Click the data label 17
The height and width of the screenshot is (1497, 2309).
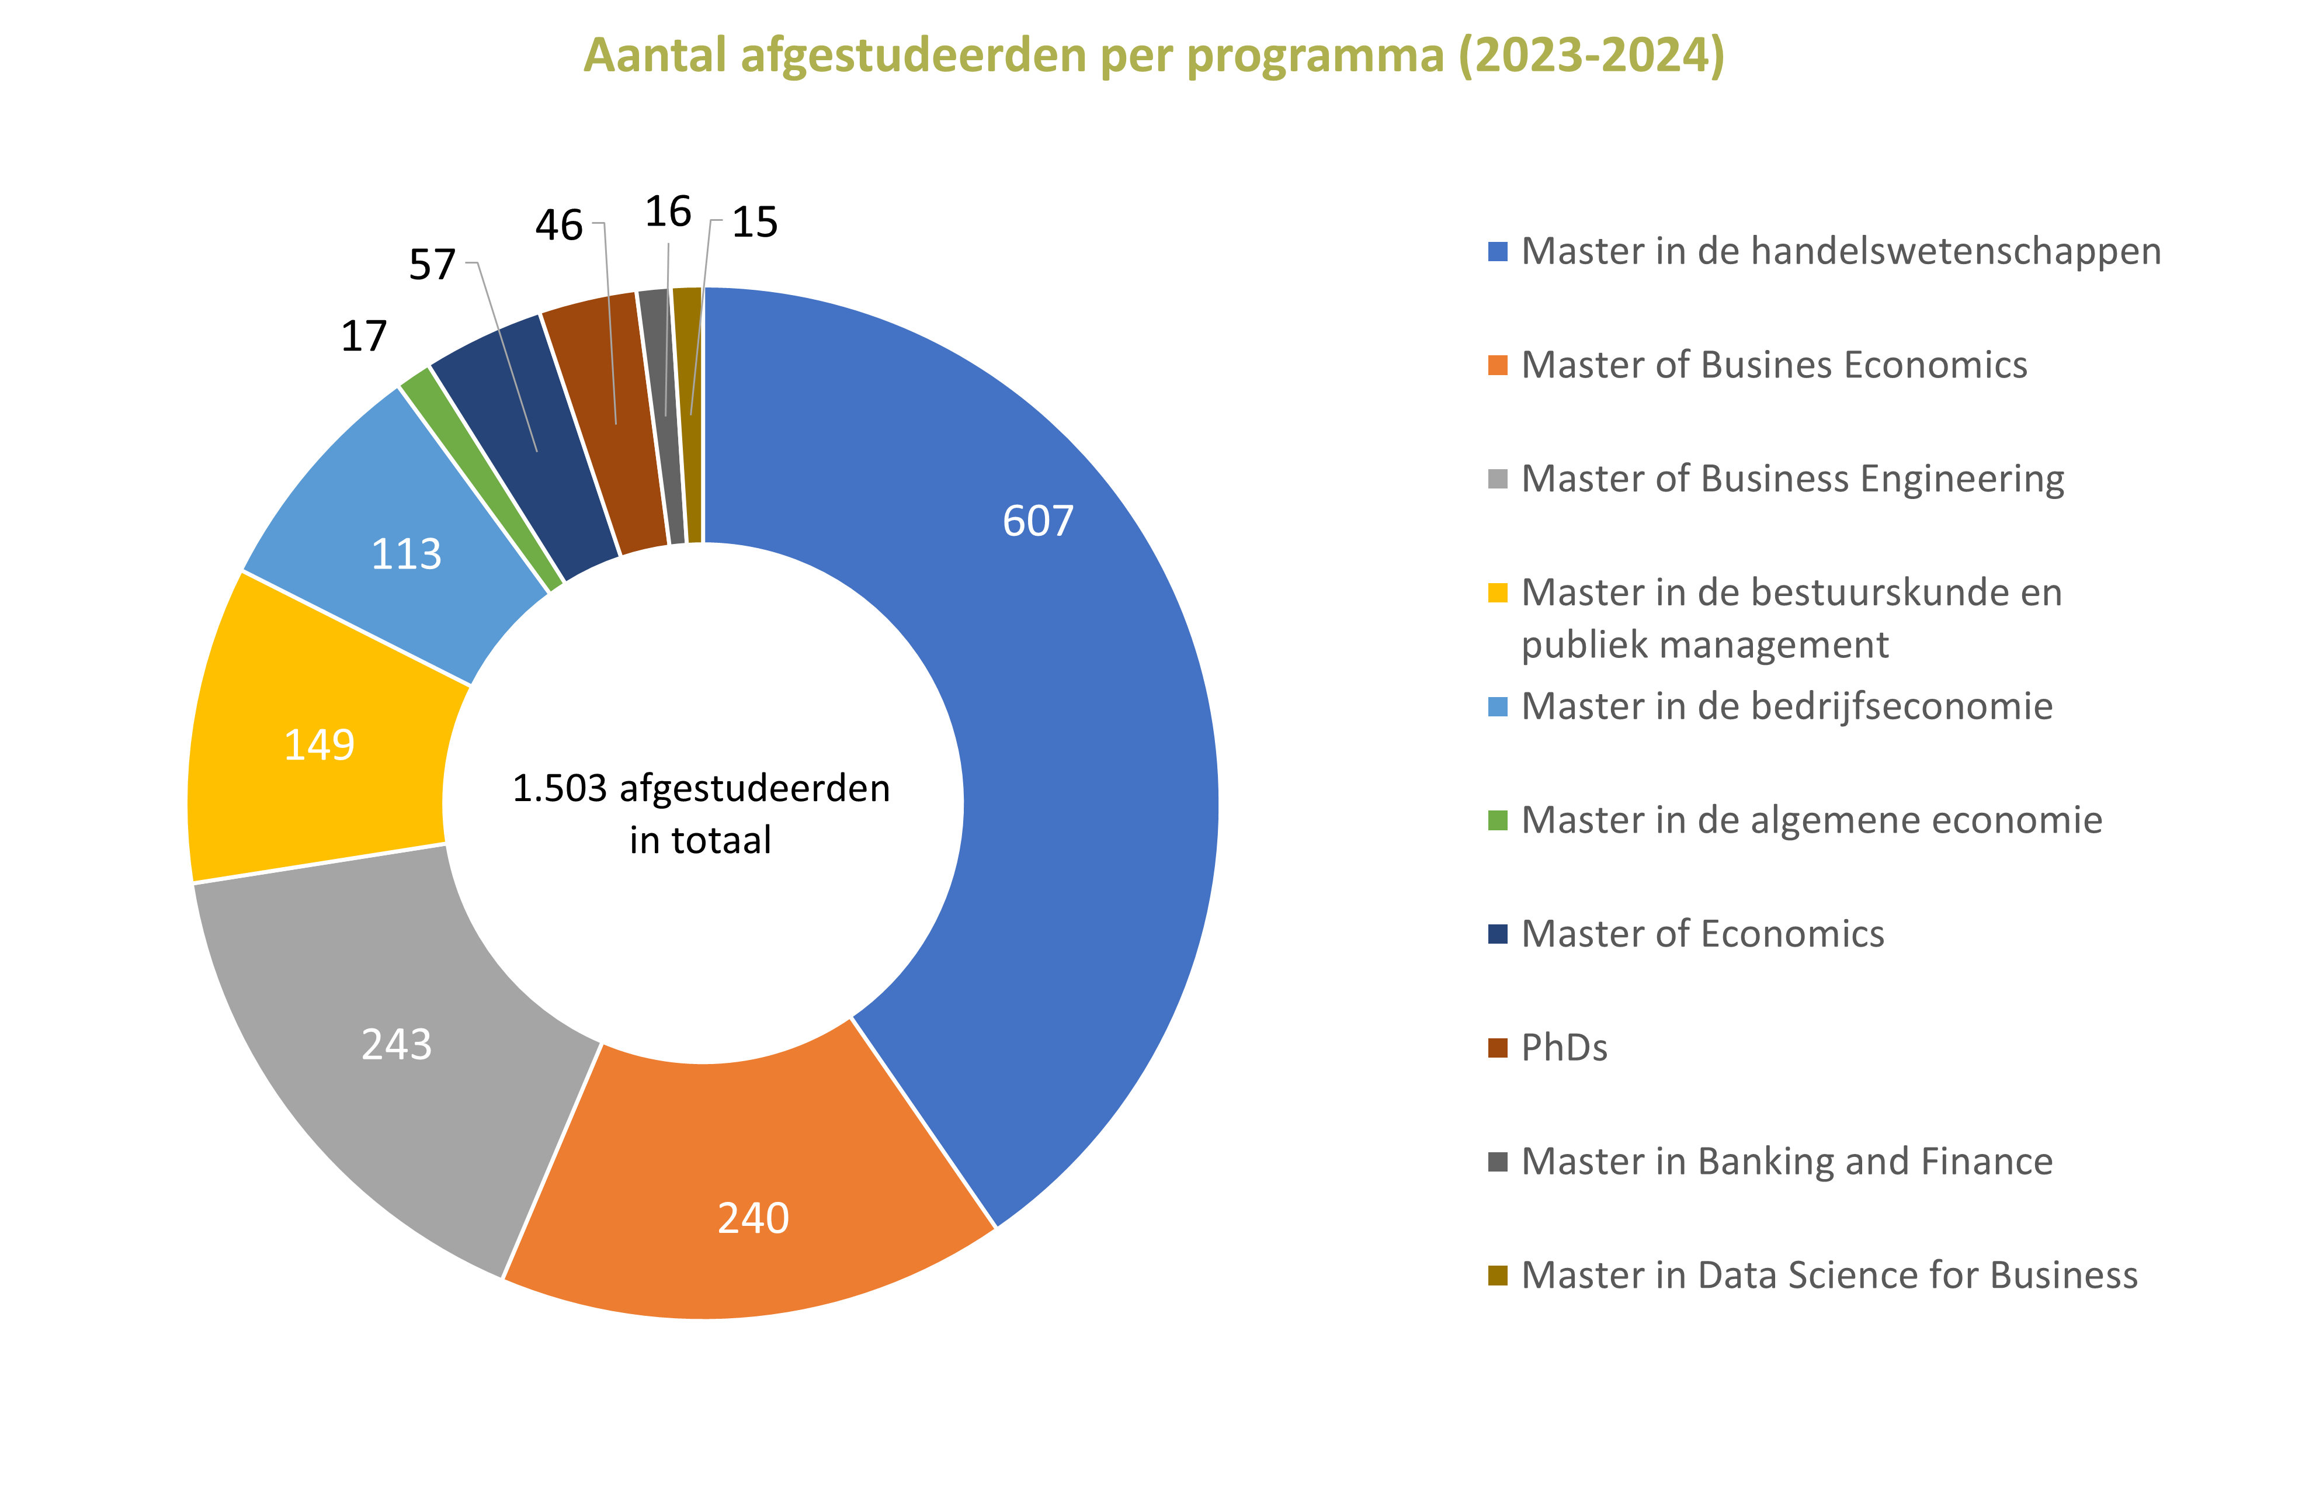click(x=364, y=337)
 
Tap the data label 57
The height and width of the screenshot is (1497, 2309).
click(x=432, y=265)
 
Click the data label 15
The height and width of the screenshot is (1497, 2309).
click(x=755, y=222)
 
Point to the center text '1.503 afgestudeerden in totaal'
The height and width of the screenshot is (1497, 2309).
click(x=700, y=813)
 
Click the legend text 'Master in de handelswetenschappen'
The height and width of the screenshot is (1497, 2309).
click(x=1841, y=251)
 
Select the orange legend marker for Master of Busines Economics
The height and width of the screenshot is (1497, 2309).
click(x=1498, y=366)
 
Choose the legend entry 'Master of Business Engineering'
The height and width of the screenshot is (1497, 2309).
click(x=1792, y=479)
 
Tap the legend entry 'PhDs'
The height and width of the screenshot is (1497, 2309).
click(x=1564, y=1047)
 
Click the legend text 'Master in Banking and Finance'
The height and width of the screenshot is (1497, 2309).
click(x=1786, y=1162)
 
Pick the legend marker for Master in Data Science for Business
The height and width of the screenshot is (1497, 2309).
click(x=1498, y=1275)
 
